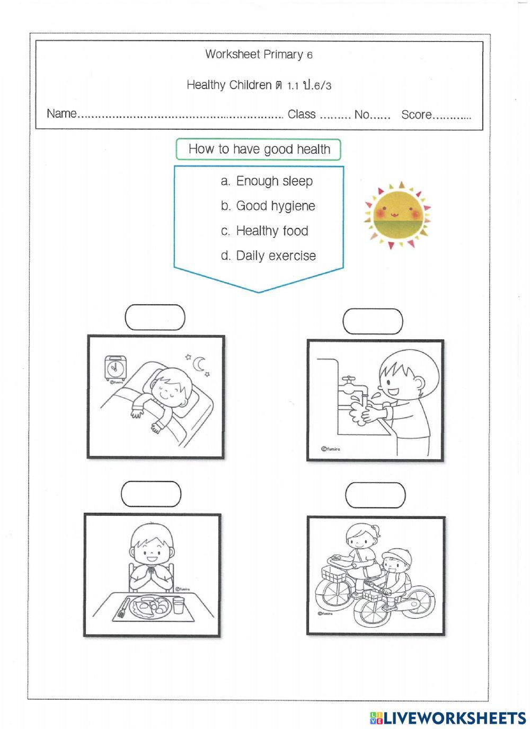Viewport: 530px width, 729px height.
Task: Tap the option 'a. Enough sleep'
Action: [267, 181]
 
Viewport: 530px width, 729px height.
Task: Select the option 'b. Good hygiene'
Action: [268, 206]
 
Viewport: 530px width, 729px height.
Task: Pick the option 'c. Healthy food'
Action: [264, 231]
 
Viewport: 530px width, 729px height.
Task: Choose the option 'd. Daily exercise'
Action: [268, 256]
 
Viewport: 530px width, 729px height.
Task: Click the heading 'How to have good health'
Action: [259, 150]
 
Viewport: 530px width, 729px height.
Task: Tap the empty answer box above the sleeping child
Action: [155, 317]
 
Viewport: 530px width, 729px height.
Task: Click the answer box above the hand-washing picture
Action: [373, 321]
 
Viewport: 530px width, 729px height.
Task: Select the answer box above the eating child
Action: [151, 494]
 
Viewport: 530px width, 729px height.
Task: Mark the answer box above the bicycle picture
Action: [375, 495]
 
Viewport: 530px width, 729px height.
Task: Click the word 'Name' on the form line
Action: [61, 114]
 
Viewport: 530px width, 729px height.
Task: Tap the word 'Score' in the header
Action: [417, 115]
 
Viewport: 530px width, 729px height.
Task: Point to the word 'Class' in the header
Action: [302, 115]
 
